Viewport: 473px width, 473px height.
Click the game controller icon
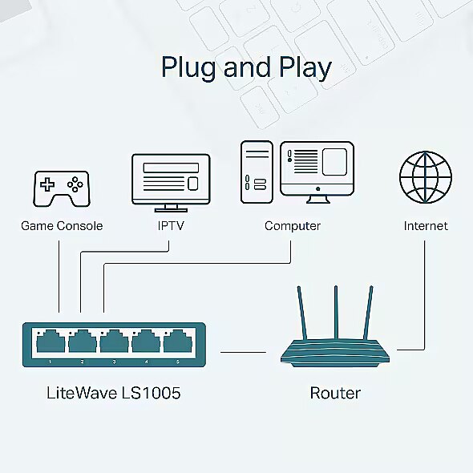pos(62,189)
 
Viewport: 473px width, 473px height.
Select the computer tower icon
pos(257,172)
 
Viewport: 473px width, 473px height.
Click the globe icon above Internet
pos(426,177)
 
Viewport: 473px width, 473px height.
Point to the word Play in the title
pos(305,68)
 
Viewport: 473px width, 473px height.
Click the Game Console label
pos(62,226)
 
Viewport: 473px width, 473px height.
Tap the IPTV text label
pos(171,225)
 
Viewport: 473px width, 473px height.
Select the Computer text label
pos(293,226)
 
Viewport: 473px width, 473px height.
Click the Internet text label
pos(426,226)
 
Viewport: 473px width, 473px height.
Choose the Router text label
pos(335,393)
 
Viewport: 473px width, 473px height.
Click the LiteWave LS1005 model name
pos(114,393)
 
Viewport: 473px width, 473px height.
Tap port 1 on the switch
pos(51,342)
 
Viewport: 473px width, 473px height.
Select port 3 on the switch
pos(114,342)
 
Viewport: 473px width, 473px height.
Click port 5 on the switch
pos(178,342)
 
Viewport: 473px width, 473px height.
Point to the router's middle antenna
pos(336,313)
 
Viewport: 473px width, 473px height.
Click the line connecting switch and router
pos(243,352)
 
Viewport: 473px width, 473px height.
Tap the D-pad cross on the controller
pos(47,184)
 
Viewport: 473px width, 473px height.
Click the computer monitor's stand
pos(317,200)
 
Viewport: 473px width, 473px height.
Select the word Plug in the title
pos(188,68)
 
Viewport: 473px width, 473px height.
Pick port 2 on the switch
pos(83,342)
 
